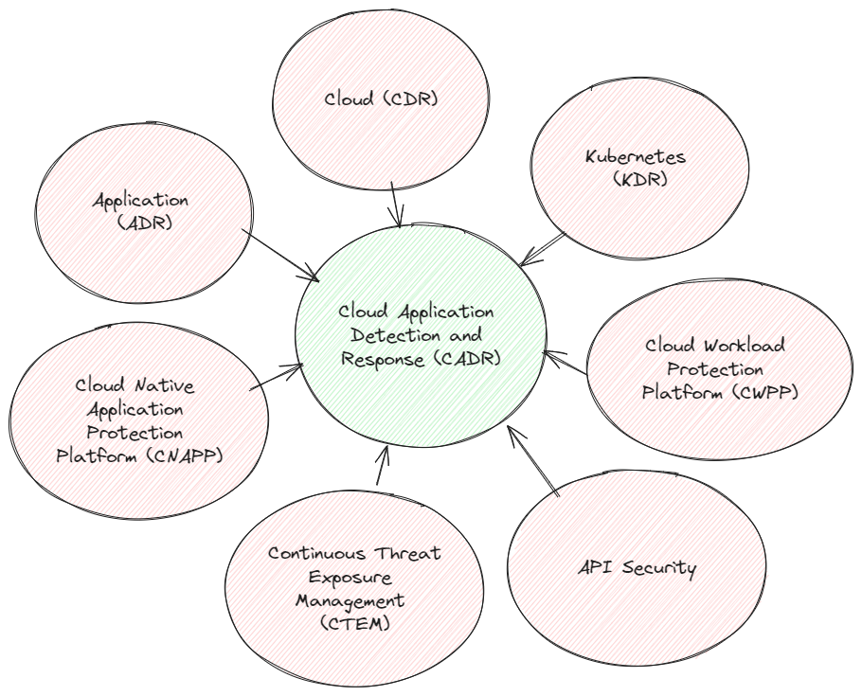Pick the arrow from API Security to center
[533, 461]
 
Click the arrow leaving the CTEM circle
[381, 464]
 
